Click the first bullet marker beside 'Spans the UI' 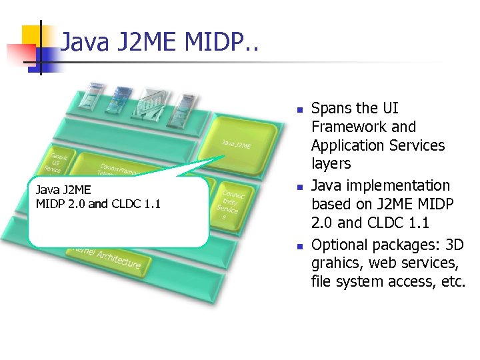(x=300, y=109)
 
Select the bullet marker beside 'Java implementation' (x=300, y=187)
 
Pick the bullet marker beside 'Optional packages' (x=300, y=245)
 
